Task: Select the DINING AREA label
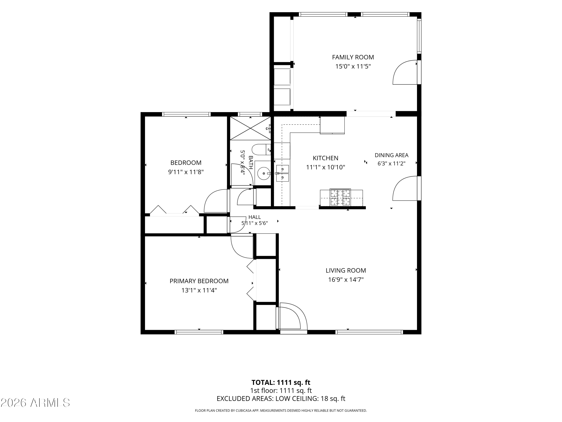[x=392, y=155]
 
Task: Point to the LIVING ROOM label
[x=346, y=270]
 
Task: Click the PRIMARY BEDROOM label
[x=199, y=281]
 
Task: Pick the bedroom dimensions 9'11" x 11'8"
[x=186, y=172]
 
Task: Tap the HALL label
[x=255, y=217]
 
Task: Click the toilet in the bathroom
[x=261, y=149]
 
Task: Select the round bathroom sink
[x=264, y=173]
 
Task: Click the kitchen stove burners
[x=340, y=197]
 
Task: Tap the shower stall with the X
[x=250, y=128]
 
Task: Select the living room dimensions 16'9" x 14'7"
[x=346, y=280]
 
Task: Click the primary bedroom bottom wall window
[x=199, y=332]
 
